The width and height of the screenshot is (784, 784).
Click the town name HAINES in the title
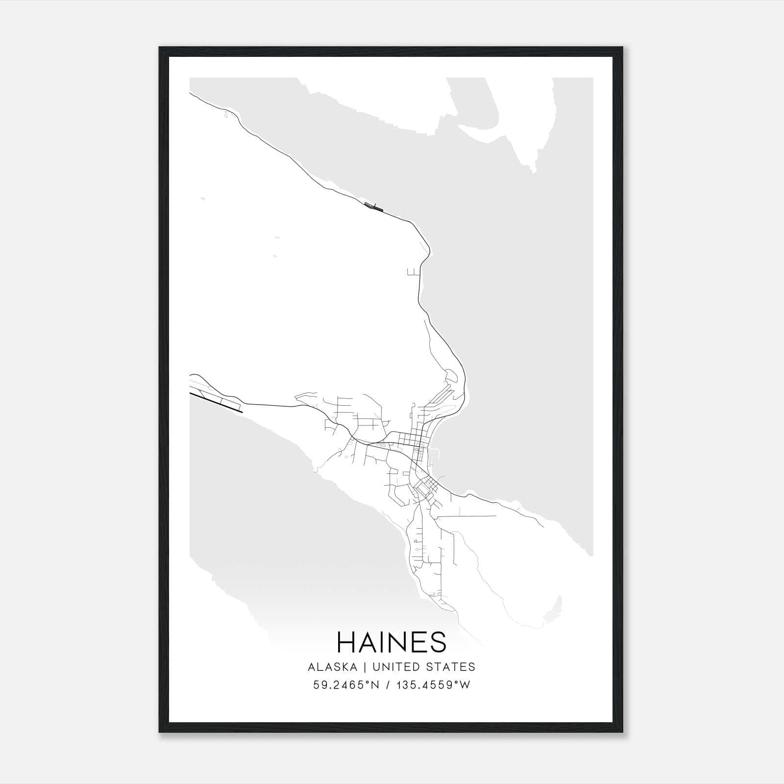point(392,642)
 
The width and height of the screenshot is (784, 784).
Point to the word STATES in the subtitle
point(451,667)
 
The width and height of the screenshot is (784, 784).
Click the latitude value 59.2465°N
point(346,685)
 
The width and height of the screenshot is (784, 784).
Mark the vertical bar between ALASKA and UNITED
point(367,667)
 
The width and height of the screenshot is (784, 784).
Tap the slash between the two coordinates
point(388,685)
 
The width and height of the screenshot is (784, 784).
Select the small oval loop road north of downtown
point(451,377)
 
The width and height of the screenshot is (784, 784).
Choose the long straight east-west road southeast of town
point(465,516)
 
